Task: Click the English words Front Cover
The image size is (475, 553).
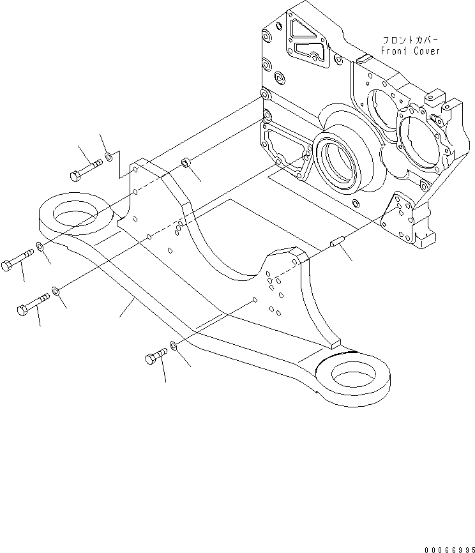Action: pyautogui.click(x=411, y=51)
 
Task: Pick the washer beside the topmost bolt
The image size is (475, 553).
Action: pyautogui.click(x=109, y=155)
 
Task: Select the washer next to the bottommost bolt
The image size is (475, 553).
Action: pyautogui.click(x=173, y=348)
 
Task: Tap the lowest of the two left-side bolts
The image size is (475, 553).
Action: pyautogui.click(x=32, y=304)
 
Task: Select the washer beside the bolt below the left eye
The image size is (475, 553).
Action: pyautogui.click(x=41, y=246)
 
